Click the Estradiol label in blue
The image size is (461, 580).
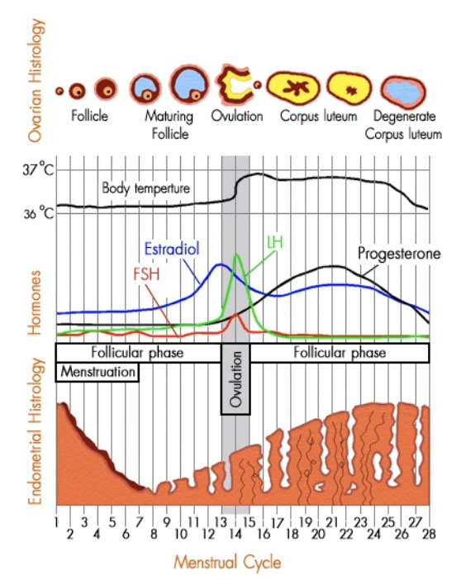(172, 249)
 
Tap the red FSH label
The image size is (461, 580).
(146, 274)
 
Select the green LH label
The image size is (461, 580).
(275, 243)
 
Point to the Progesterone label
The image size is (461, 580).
(399, 254)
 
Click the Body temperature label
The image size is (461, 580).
(145, 188)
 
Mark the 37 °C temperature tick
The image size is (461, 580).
(38, 170)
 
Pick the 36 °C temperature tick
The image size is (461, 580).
(39, 213)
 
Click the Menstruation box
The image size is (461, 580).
(97, 372)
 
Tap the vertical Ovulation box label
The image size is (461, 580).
(235, 379)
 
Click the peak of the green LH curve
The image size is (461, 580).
(235, 254)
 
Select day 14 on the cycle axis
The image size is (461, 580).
(235, 534)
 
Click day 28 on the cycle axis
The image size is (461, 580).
(429, 534)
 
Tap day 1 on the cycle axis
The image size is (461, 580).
(56, 522)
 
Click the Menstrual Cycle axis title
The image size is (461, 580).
(227, 563)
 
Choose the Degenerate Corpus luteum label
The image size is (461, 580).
(404, 125)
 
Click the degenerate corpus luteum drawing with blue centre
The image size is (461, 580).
(403, 92)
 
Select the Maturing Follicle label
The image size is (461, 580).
(169, 125)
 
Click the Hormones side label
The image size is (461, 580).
(35, 303)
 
